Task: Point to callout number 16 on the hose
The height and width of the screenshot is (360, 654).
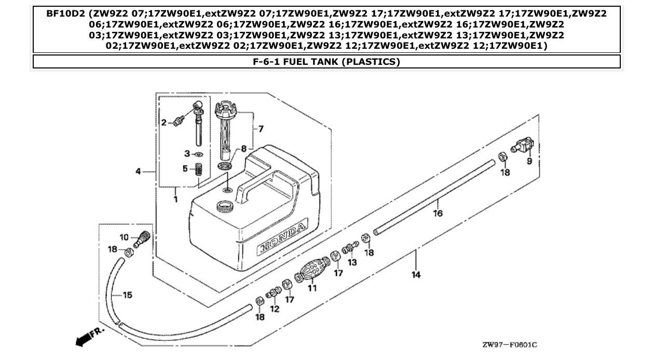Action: pos(438,213)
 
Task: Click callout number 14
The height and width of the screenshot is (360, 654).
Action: pos(416,275)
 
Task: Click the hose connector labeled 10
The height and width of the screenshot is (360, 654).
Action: pos(142,238)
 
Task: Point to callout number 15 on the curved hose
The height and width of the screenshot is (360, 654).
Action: pos(126,295)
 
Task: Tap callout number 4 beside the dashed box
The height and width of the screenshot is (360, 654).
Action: pos(138,171)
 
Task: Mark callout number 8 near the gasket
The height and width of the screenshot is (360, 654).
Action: pos(243,148)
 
